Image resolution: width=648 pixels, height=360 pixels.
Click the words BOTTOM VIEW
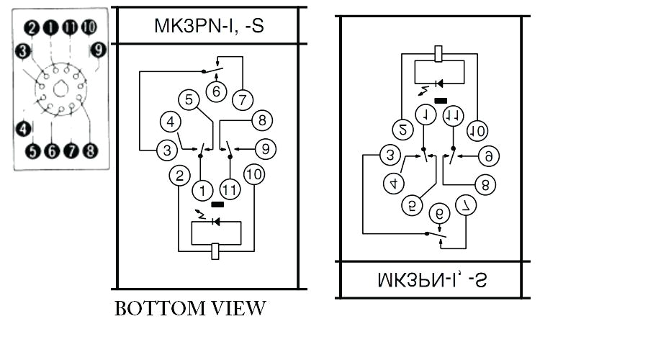[190, 309]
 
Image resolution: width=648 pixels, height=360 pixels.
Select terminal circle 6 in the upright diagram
[215, 91]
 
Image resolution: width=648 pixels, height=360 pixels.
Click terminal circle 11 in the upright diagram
[230, 190]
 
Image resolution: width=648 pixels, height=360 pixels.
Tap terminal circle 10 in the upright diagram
[253, 174]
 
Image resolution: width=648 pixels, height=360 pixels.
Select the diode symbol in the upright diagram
[215, 220]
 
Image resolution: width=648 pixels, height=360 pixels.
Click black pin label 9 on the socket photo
[99, 50]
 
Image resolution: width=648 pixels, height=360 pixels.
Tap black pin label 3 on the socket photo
[23, 50]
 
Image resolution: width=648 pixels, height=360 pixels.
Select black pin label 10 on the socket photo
[88, 28]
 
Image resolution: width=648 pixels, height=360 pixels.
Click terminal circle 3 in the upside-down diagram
[390, 155]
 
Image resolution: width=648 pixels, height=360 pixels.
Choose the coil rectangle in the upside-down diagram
[438, 53]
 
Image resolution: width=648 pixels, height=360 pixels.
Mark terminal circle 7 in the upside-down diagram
[467, 205]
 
